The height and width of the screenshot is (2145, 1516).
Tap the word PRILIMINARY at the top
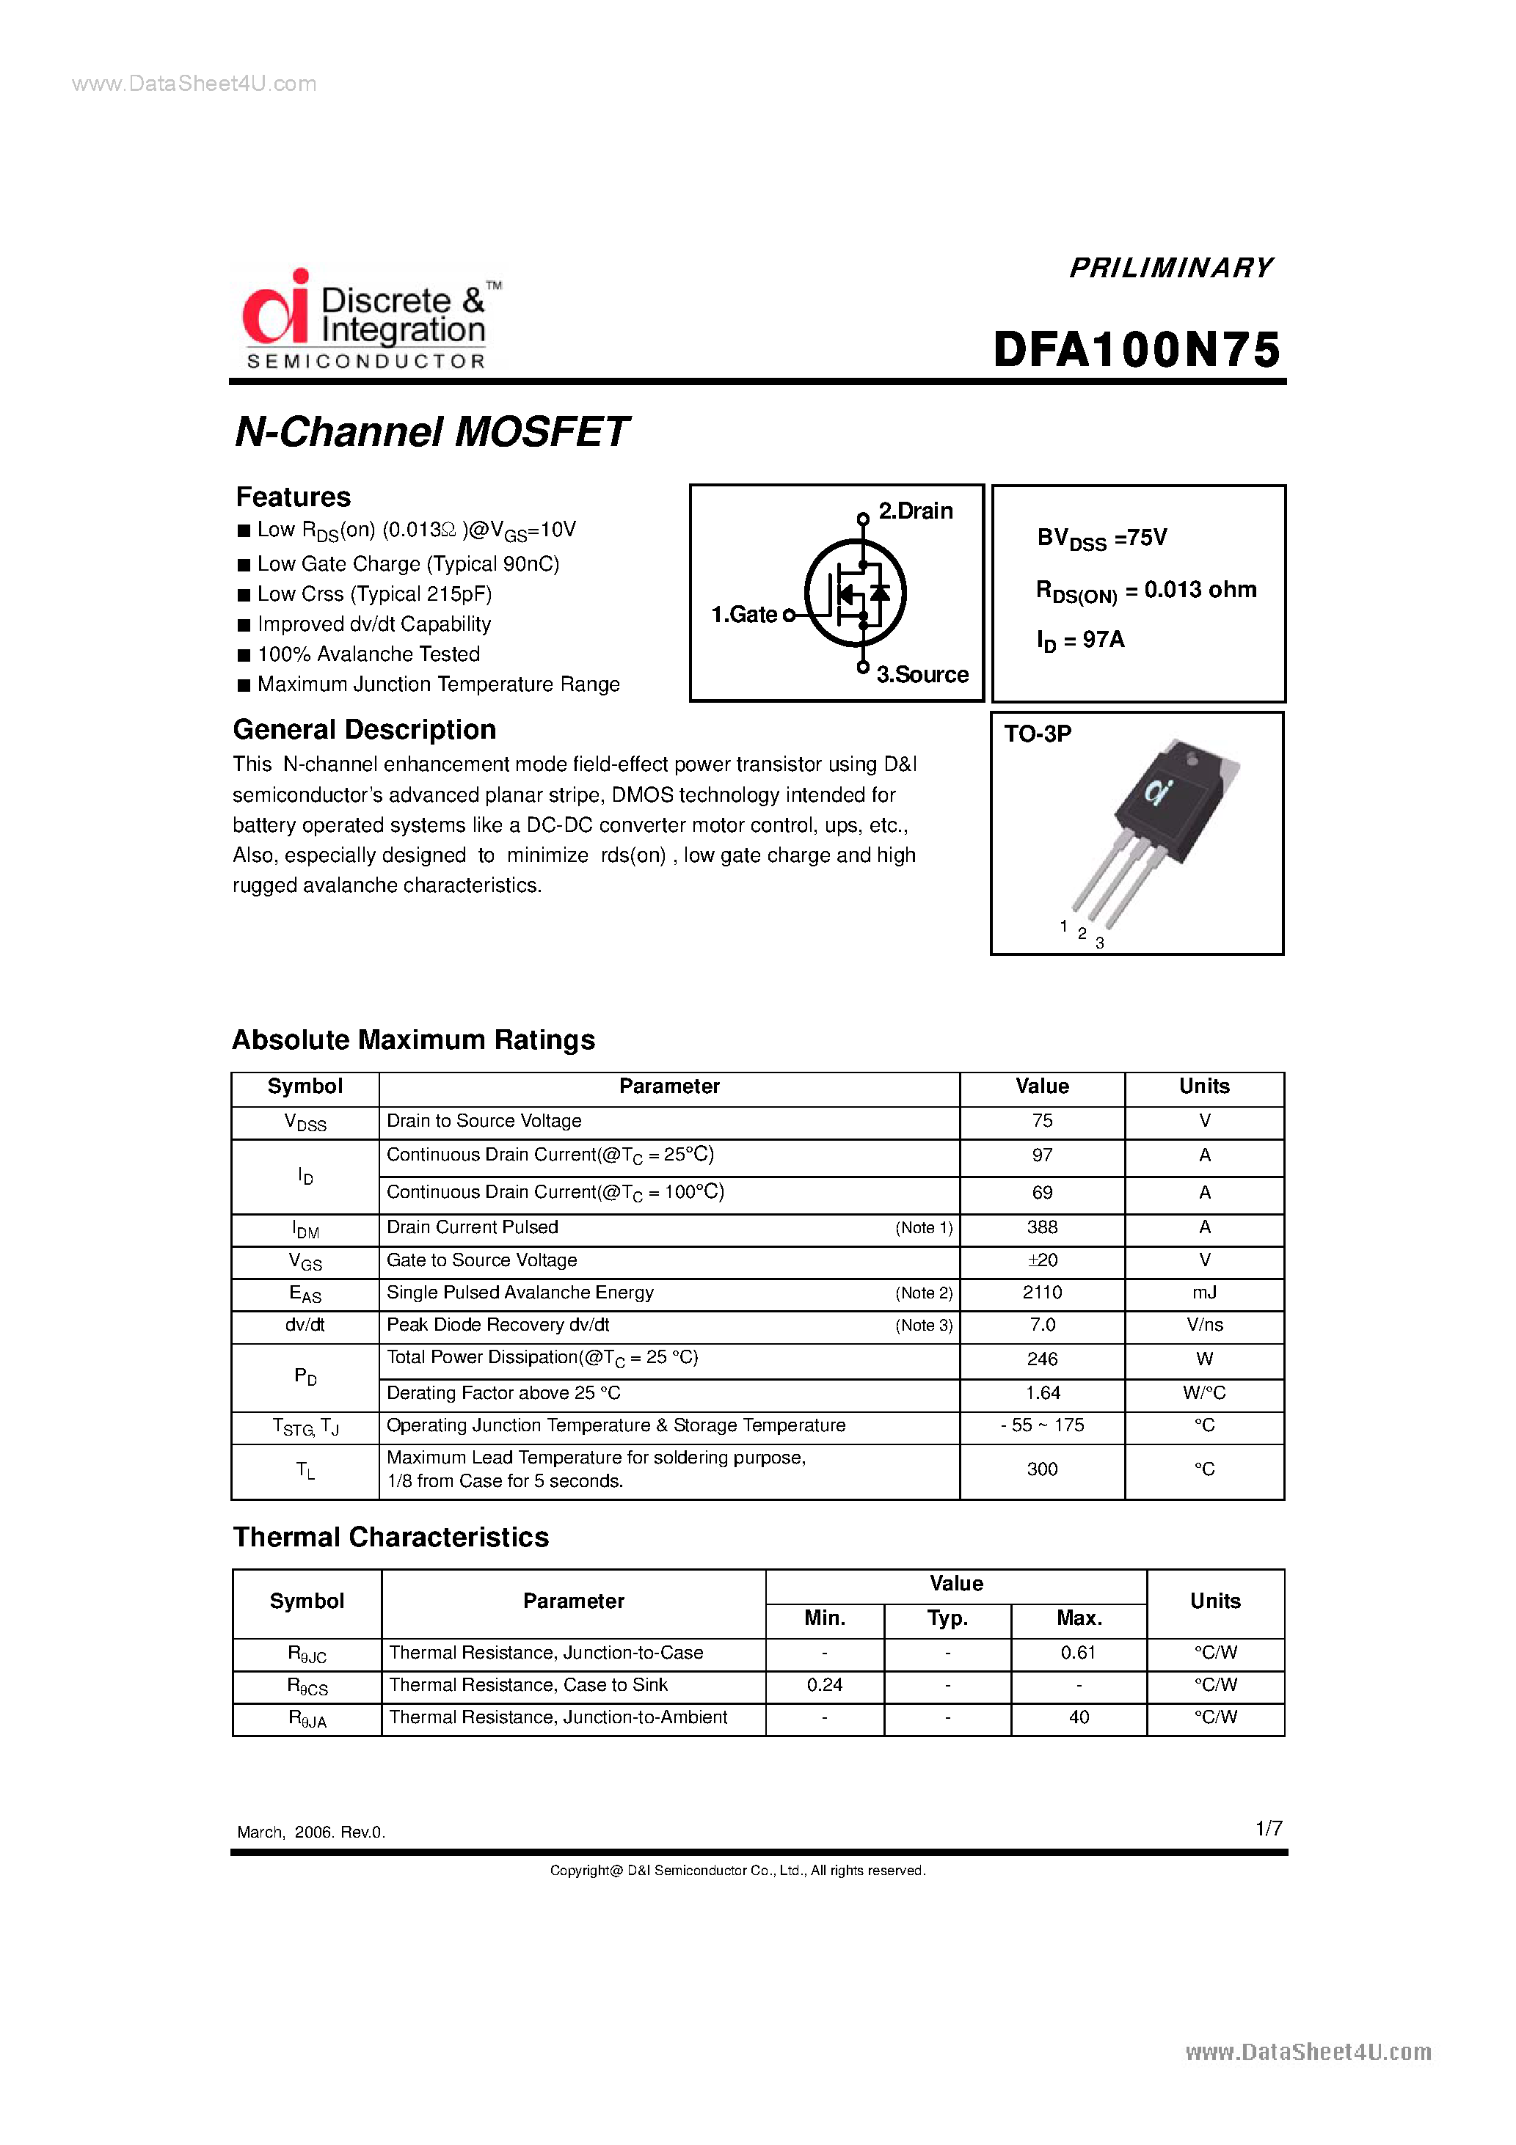[1170, 268]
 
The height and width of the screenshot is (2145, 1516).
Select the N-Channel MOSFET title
[431, 431]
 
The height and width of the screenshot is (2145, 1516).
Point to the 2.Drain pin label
[915, 511]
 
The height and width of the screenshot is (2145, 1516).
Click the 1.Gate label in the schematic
[744, 614]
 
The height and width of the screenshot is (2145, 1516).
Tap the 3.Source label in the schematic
[922, 674]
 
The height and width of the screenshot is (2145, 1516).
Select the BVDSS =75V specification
[1102, 538]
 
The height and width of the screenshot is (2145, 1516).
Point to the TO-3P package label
[1038, 734]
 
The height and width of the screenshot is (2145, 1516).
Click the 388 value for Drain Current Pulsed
[1042, 1227]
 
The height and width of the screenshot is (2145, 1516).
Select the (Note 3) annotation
[923, 1325]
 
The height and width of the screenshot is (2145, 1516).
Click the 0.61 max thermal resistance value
[1078, 1652]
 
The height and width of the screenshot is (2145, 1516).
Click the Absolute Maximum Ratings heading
[413, 1039]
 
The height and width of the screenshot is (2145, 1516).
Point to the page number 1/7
[1268, 1827]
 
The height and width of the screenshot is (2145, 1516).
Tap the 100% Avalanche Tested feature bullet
[368, 654]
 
